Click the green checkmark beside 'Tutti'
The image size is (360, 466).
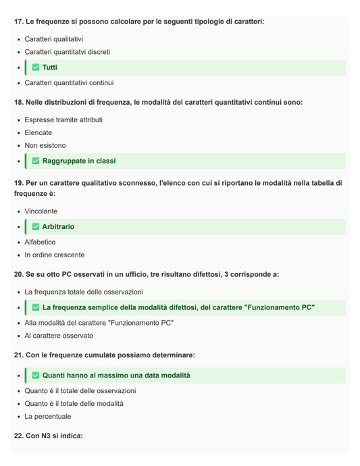[36, 68]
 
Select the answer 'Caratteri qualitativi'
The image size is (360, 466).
[54, 39]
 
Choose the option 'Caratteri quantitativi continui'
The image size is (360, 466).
[69, 83]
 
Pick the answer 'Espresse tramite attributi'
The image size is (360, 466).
[63, 120]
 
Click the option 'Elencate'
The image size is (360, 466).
[38, 133]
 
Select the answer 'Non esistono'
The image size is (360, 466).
[45, 146]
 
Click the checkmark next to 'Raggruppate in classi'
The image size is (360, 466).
[36, 161]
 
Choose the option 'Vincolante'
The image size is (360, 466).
[41, 211]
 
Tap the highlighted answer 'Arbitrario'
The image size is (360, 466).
[58, 227]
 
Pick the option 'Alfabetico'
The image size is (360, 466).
[41, 242]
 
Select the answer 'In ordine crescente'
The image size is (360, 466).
[55, 255]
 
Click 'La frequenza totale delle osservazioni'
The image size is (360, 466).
[84, 292]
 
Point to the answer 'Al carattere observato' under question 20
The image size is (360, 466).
[59, 336]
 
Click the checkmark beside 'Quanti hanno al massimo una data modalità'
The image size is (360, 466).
[36, 376]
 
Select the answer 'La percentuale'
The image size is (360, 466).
[48, 417]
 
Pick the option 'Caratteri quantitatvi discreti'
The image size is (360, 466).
[68, 52]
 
